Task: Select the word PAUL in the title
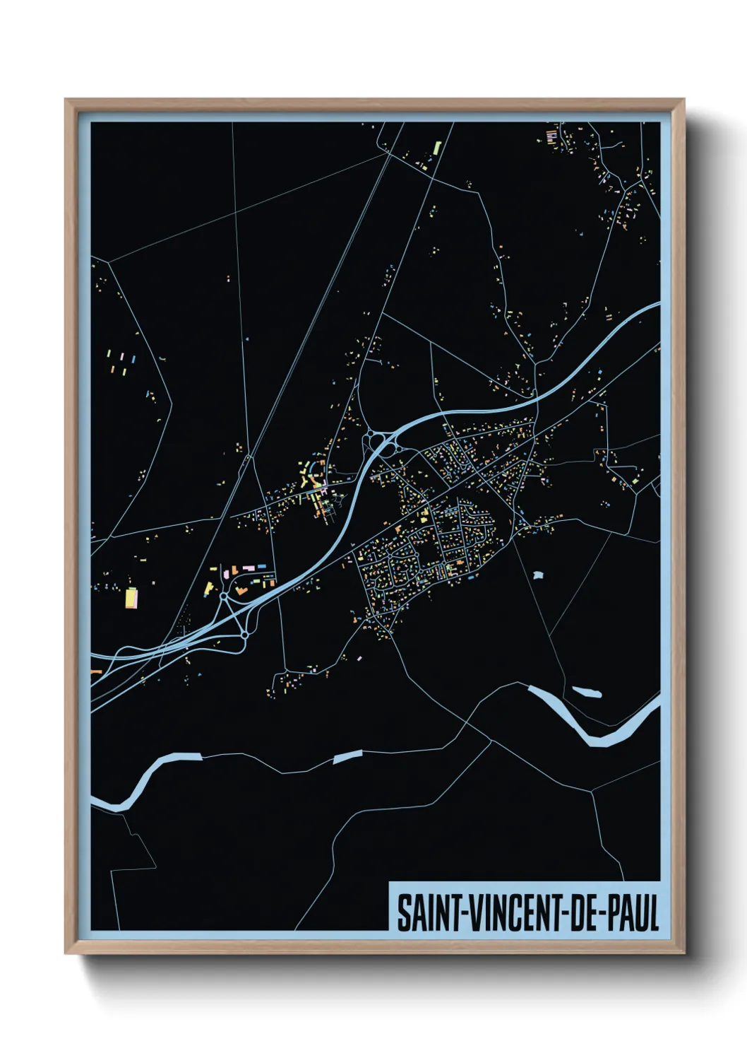click(x=631, y=913)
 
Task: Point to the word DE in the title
click(x=579, y=913)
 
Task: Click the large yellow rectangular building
click(x=131, y=598)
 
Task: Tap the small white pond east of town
click(x=539, y=575)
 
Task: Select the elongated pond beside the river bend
click(x=587, y=691)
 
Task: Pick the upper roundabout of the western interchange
click(x=225, y=597)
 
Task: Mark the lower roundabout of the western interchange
click(x=244, y=635)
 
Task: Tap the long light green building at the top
click(x=437, y=148)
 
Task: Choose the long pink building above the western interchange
click(x=248, y=568)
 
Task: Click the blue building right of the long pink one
click(x=262, y=566)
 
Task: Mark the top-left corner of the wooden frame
click(x=66, y=100)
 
